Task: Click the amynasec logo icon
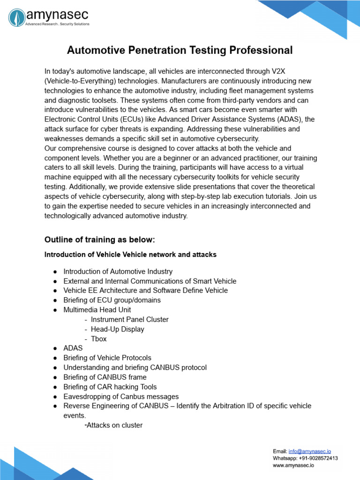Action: point(17,18)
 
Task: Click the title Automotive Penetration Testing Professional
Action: point(180,50)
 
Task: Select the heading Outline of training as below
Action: point(99,240)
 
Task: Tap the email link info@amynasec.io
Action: point(310,451)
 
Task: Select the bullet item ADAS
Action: point(73,348)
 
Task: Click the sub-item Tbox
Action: point(98,338)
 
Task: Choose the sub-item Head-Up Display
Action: point(117,329)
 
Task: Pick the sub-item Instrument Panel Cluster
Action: point(129,319)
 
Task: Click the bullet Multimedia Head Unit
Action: point(97,309)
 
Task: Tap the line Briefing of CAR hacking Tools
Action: point(110,387)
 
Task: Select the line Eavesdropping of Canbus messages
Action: point(121,396)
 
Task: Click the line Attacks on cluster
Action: point(114,425)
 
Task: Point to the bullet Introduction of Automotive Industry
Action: point(118,271)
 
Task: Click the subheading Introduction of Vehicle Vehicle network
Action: point(130,255)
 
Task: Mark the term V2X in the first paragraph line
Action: point(278,71)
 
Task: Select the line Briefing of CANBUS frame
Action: point(105,377)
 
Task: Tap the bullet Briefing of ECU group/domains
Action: point(112,300)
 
